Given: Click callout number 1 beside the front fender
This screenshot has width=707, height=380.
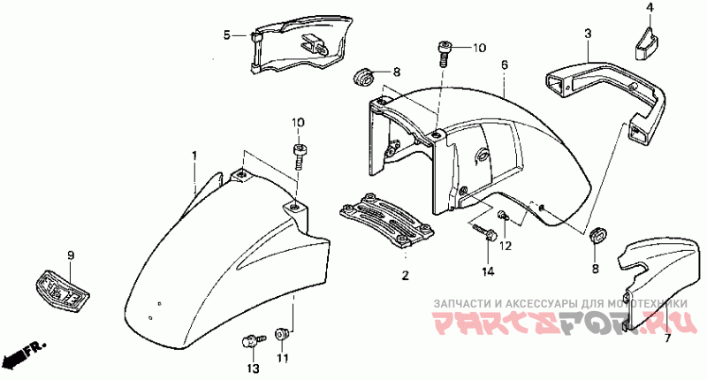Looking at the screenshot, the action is coord(194,156).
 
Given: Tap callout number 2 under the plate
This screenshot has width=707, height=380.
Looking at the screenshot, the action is coord(406,277).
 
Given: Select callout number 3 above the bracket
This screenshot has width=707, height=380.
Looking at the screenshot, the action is coord(587,34).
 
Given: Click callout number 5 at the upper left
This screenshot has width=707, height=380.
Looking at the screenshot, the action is coord(226,35).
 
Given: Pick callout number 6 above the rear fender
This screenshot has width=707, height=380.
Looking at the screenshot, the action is coord(504,65).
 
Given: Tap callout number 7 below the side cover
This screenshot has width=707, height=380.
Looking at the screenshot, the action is coord(667,338).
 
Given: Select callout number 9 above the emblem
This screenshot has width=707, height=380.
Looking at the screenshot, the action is coord(71,255).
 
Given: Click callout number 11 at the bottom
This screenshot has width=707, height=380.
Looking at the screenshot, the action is coord(283,358).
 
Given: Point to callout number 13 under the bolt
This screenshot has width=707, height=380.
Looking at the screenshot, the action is coord(252,367).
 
